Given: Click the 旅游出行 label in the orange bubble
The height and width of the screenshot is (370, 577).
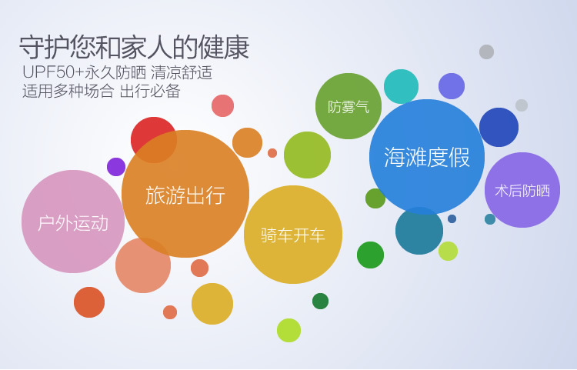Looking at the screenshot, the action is (185, 195).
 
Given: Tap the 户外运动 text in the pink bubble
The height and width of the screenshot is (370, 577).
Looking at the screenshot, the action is (73, 223).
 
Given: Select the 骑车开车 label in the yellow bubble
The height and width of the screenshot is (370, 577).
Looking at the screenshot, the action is (293, 235).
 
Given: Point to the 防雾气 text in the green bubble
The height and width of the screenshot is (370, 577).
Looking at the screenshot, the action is (348, 107).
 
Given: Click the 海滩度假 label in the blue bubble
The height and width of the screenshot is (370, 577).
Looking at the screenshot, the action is (427, 158).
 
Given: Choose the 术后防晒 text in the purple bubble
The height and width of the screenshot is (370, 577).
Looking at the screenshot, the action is (522, 191).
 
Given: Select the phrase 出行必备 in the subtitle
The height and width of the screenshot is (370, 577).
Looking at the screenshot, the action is (150, 91).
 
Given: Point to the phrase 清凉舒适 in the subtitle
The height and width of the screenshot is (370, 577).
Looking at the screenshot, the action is (182, 72).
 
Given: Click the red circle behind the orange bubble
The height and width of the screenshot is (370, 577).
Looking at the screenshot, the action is (153, 140).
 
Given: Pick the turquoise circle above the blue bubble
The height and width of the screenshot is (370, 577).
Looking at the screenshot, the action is (401, 86).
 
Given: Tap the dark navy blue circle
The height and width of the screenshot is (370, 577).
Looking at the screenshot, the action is (499, 127).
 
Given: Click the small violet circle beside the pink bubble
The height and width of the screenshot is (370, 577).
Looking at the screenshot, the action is (116, 167).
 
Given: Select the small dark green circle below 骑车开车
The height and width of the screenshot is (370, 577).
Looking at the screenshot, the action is (320, 302).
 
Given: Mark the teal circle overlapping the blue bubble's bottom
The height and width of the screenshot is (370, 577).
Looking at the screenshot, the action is (419, 231).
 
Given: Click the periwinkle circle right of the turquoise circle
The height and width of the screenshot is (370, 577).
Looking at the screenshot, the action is (452, 86).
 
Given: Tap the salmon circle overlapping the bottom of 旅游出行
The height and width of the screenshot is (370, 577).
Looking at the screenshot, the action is (143, 265).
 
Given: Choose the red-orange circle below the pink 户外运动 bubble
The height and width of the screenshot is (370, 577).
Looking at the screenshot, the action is (89, 302).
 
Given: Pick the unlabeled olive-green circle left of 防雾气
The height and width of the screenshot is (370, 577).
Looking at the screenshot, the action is (307, 155).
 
